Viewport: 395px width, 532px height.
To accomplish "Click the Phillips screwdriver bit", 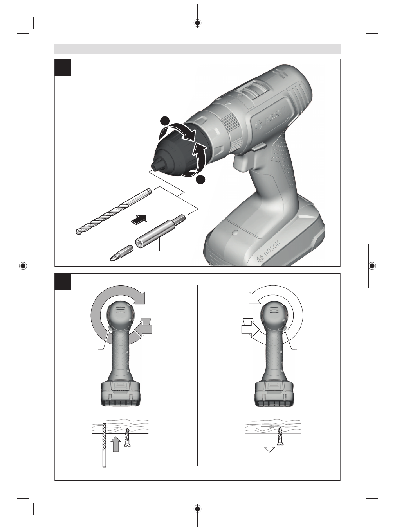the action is pyautogui.click(x=121, y=253).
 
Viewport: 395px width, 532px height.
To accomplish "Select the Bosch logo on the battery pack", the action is pyautogui.click(x=269, y=251).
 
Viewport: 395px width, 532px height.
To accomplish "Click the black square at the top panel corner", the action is pyautogui.click(x=63, y=67).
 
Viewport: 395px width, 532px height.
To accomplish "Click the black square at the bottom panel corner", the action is pyautogui.click(x=63, y=281).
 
